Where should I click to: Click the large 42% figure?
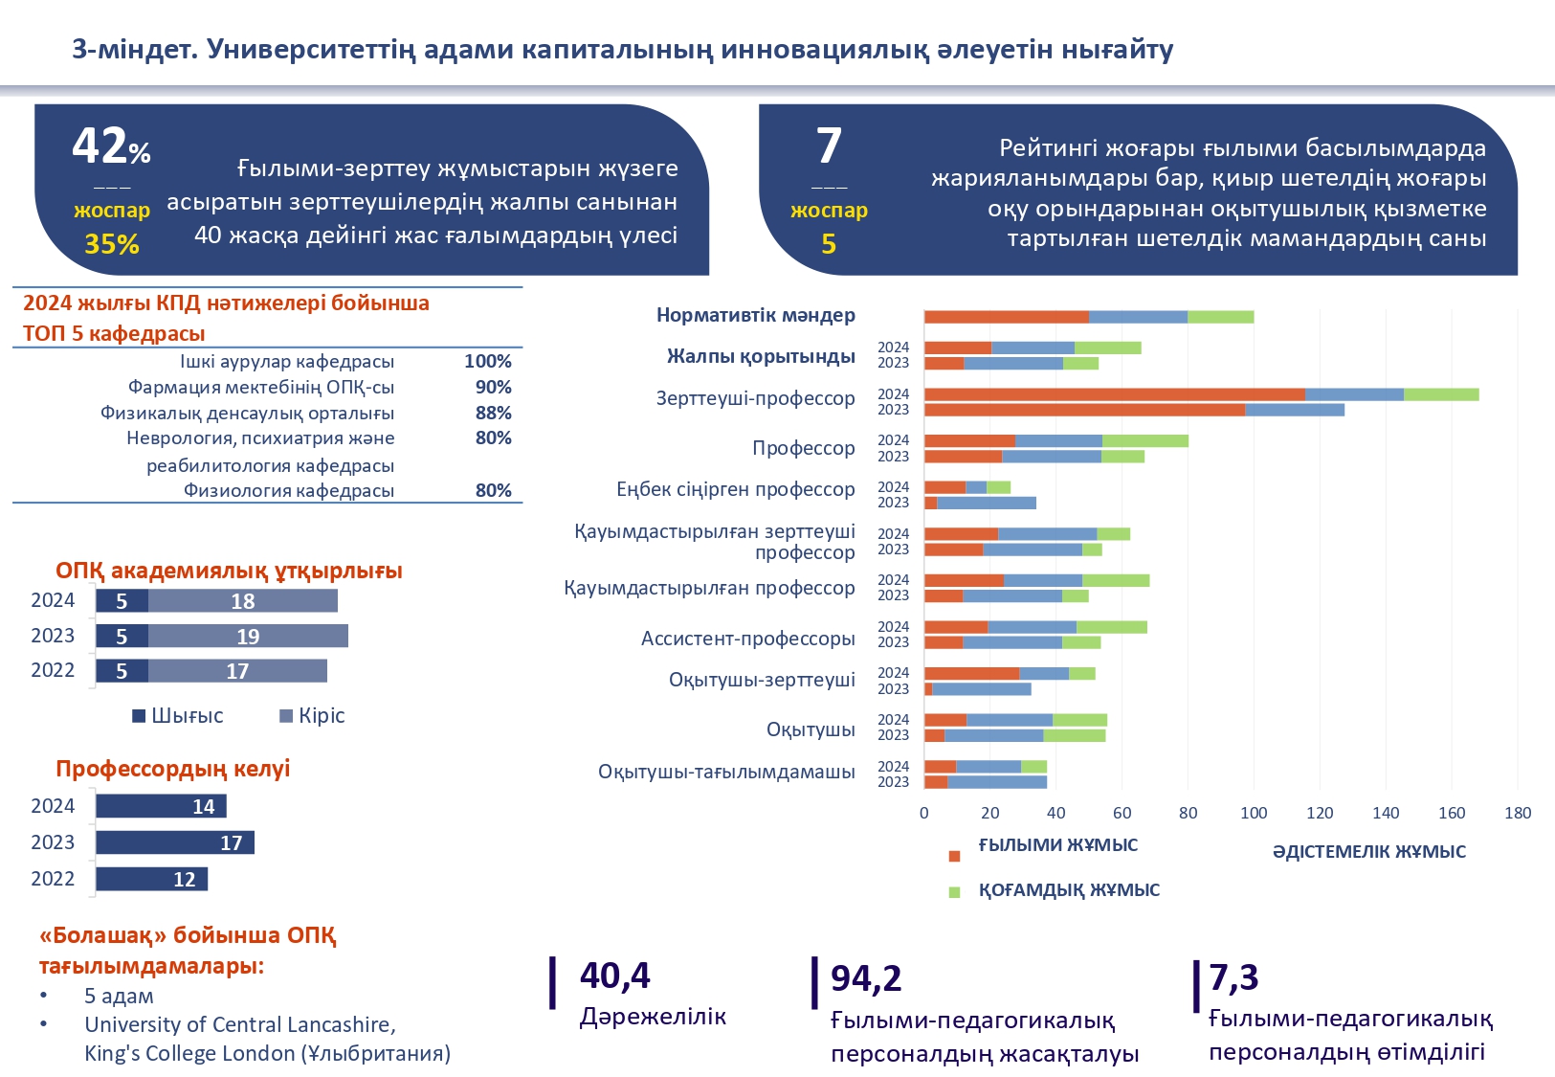110,146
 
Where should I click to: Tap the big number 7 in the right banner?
829,146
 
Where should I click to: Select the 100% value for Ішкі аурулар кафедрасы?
488,362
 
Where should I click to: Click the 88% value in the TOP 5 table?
494,413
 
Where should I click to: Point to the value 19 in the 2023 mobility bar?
248,637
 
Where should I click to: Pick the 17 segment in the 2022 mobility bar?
237,671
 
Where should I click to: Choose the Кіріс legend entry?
312,716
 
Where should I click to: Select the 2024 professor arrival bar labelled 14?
161,806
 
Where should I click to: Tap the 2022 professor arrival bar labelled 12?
151,879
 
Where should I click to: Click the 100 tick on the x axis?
1254,813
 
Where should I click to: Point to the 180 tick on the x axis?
1518,813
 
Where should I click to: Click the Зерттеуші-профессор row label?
755,398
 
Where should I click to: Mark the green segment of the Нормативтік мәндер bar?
1221,317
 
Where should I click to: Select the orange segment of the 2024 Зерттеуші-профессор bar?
1114,394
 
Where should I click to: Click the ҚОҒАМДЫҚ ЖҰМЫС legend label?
1069,890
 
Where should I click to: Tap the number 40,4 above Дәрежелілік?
614,976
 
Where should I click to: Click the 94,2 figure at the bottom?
866,978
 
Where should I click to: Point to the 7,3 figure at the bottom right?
1233,977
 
